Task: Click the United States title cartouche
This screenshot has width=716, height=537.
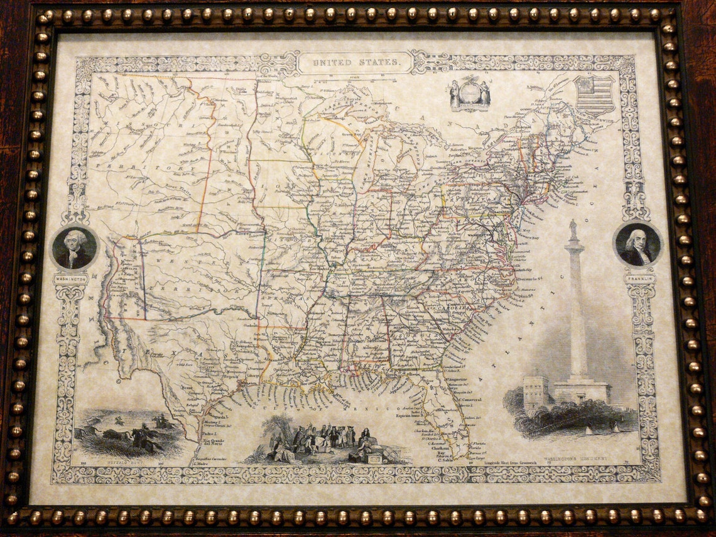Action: click(x=355, y=62)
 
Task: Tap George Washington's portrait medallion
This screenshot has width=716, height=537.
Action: click(x=75, y=247)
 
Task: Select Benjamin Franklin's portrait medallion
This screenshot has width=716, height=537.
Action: click(x=637, y=245)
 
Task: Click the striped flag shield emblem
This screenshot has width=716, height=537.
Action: click(x=594, y=95)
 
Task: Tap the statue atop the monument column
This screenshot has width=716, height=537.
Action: click(x=573, y=229)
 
